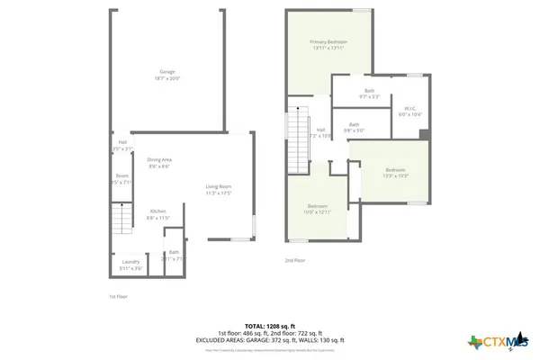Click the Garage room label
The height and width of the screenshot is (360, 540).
pyautogui.click(x=167, y=71)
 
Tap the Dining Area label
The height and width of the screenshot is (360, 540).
pyautogui.click(x=160, y=159)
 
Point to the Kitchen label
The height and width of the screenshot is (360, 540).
pyautogui.click(x=157, y=211)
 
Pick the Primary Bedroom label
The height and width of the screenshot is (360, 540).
pyautogui.click(x=328, y=42)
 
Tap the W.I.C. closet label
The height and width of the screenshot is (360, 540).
pyautogui.click(x=409, y=108)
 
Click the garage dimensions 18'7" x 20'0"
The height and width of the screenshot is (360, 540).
pyautogui.click(x=167, y=78)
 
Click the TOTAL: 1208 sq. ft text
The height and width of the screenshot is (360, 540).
pyautogui.click(x=270, y=325)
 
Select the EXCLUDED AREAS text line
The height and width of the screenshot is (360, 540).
pyautogui.click(x=270, y=339)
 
